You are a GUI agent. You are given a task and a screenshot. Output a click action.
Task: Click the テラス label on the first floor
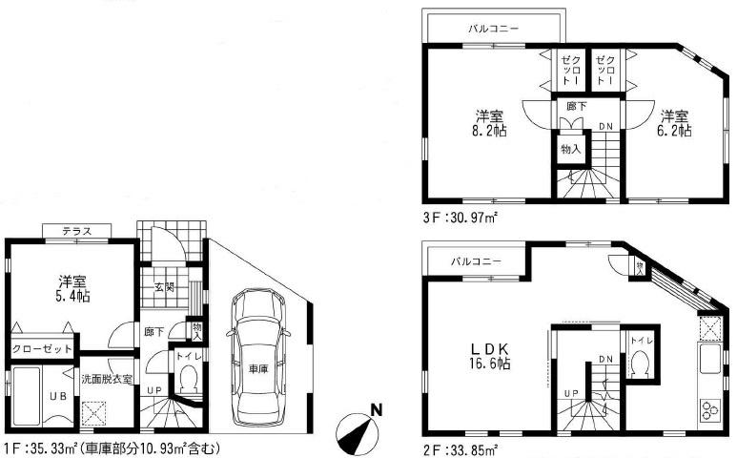[x=76, y=232]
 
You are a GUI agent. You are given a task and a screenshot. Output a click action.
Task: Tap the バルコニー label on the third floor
[x=493, y=30]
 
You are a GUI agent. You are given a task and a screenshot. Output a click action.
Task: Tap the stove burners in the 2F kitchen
[x=710, y=410]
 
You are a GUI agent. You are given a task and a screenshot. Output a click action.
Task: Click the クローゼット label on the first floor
[x=43, y=348]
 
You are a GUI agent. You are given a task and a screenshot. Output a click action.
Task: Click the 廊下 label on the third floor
[x=576, y=107]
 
